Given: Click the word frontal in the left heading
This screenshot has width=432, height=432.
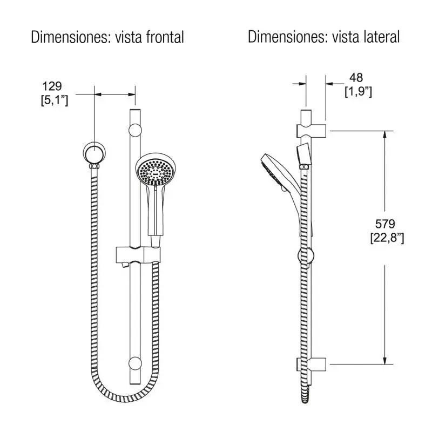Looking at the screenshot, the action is point(165,37).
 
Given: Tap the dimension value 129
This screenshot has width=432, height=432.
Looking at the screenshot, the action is point(52,86).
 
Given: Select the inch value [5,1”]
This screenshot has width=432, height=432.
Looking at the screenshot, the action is point(55,100).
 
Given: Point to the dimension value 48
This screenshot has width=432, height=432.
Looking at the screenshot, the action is point(356,78).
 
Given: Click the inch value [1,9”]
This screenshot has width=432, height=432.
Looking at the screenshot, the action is point(358,91).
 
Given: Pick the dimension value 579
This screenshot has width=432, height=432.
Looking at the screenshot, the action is point(385,224).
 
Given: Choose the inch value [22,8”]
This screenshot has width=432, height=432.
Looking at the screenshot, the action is point(387,238).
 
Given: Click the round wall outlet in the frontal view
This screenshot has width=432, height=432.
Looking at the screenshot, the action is point(94,153).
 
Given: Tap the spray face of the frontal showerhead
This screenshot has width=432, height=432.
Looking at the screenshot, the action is point(156,172).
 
